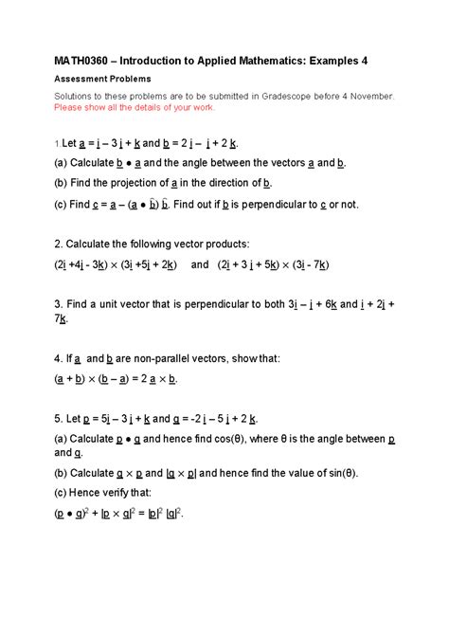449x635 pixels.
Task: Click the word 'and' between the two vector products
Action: coord(201,265)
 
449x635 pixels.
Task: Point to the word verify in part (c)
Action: coord(120,494)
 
